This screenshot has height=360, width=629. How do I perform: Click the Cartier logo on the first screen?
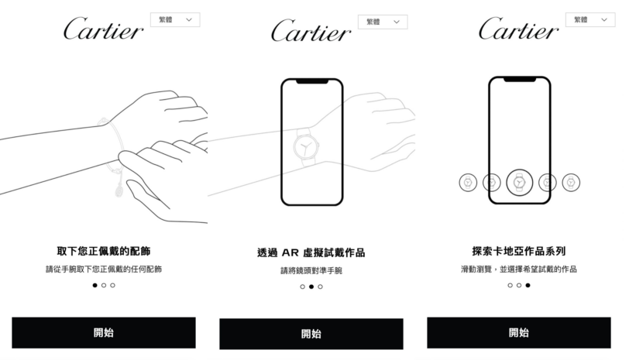click(x=103, y=29)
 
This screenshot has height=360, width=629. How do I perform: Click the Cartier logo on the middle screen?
click(x=311, y=31)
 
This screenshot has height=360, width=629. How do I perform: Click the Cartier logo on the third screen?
click(x=518, y=29)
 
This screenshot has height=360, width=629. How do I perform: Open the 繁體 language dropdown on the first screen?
click(x=175, y=19)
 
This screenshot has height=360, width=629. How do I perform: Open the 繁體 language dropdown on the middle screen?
click(x=383, y=22)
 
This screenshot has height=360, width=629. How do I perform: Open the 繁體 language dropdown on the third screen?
click(x=590, y=19)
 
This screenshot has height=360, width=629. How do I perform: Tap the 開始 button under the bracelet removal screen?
click(x=104, y=333)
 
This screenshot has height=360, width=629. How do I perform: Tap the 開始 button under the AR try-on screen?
click(x=311, y=334)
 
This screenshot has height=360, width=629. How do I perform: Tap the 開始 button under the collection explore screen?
click(x=518, y=333)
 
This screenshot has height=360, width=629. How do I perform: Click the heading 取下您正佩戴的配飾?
click(x=104, y=252)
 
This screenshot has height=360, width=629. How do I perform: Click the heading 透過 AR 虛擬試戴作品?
click(x=311, y=252)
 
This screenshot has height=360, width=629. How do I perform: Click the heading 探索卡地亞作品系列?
click(x=518, y=252)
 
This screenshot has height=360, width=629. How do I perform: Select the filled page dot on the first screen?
click(x=95, y=285)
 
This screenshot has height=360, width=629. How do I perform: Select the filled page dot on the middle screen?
click(x=311, y=286)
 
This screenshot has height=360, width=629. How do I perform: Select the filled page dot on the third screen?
click(x=528, y=285)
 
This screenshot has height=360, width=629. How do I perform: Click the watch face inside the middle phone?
click(x=304, y=146)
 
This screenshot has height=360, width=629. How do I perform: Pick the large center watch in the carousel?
click(x=518, y=183)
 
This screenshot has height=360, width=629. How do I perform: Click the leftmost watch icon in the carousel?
click(x=468, y=183)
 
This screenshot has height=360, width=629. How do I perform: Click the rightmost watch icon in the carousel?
click(x=570, y=183)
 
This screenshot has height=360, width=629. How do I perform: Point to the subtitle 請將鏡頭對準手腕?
click(x=311, y=271)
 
